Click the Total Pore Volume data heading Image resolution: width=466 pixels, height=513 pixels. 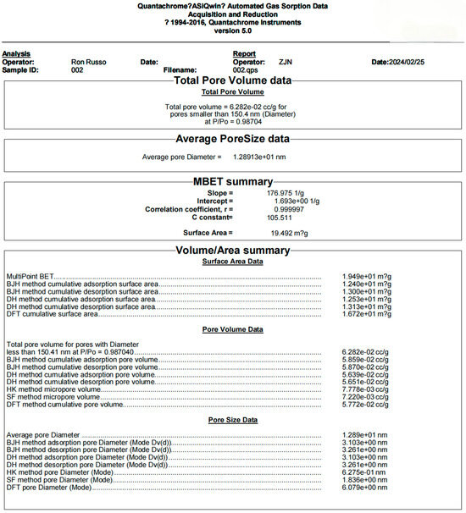click(x=232, y=80)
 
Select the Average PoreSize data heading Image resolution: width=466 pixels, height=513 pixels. click(x=232, y=139)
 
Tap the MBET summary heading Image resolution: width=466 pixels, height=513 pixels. click(x=232, y=181)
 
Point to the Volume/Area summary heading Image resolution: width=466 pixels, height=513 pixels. click(x=232, y=251)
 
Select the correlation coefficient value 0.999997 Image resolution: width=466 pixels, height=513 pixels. click(x=285, y=208)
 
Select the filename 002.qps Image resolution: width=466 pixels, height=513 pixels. click(x=245, y=69)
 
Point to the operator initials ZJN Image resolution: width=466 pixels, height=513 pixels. click(x=285, y=62)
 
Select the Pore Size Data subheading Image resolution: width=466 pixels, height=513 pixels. click(x=232, y=420)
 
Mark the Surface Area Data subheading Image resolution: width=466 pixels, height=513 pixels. click(x=232, y=262)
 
